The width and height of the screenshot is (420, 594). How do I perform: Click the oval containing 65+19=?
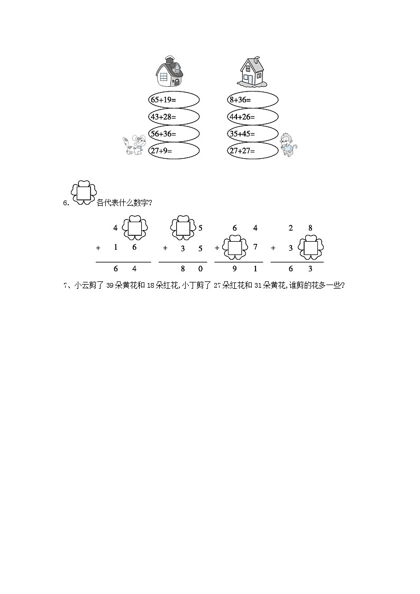[x=174, y=99]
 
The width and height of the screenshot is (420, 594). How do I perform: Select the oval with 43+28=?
[x=174, y=116]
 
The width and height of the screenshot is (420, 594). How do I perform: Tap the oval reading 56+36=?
[x=174, y=134]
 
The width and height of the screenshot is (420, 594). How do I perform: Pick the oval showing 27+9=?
[x=174, y=151]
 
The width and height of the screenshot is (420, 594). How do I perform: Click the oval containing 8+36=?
[x=252, y=99]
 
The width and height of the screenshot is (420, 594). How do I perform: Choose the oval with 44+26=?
[x=252, y=116]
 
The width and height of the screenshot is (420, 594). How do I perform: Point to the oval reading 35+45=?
[x=252, y=134]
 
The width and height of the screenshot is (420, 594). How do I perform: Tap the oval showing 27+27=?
[x=252, y=151]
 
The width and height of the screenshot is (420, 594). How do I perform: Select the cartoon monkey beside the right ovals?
[x=288, y=145]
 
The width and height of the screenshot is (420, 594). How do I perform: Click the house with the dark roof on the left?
[x=169, y=72]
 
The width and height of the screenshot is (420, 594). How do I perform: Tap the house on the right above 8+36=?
[x=252, y=72]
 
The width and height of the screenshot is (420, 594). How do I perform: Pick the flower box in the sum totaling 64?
[x=134, y=228]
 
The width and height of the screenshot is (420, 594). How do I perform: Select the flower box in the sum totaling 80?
[x=182, y=228]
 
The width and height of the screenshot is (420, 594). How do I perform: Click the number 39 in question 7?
[x=110, y=286]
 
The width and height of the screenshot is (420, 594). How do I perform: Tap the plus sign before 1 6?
[x=98, y=248]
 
